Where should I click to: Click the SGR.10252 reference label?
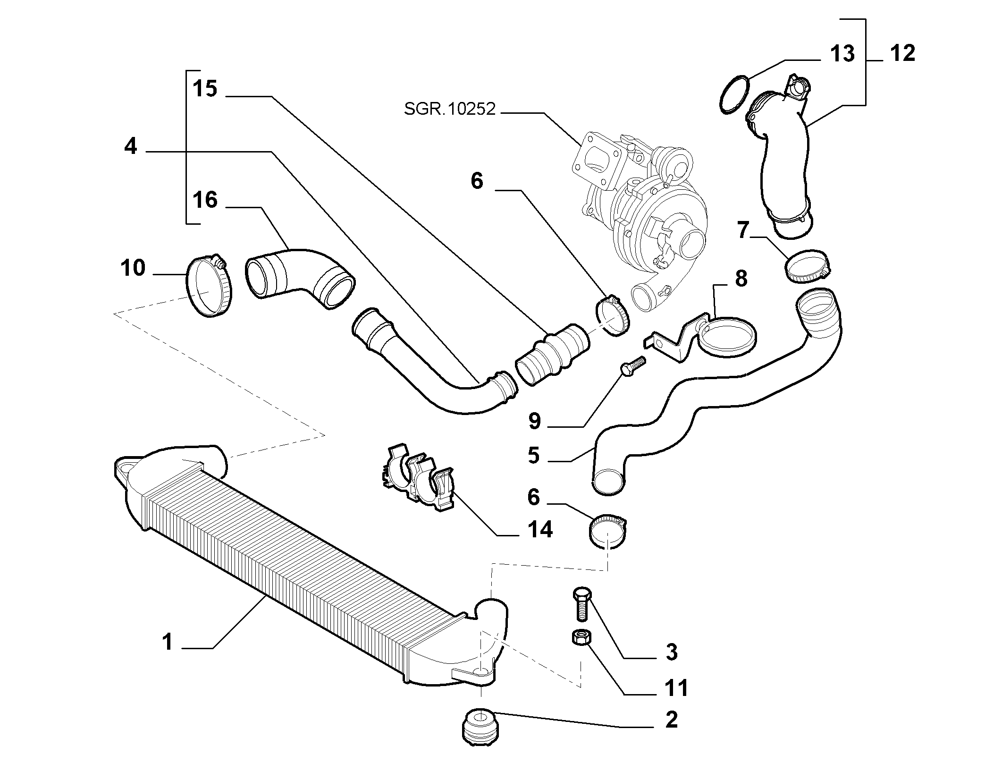point(450,110)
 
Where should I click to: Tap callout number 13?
point(842,54)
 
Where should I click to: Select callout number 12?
point(903,53)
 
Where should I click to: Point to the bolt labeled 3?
point(581,606)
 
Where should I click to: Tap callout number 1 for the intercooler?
point(168,642)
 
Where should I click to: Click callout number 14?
point(540,530)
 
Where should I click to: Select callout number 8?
point(741,279)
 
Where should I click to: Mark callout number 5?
point(534,456)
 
